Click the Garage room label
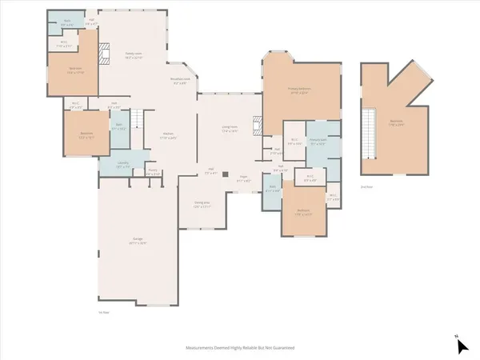click(x=138, y=242)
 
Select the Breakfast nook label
click(x=180, y=80)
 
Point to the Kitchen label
click(x=169, y=135)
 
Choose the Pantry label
click(x=153, y=171)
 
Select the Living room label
click(x=230, y=129)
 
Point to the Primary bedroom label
click(x=298, y=93)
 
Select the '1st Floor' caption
click(x=102, y=311)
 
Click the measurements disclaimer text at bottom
click(x=239, y=348)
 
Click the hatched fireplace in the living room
click(x=256, y=126)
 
